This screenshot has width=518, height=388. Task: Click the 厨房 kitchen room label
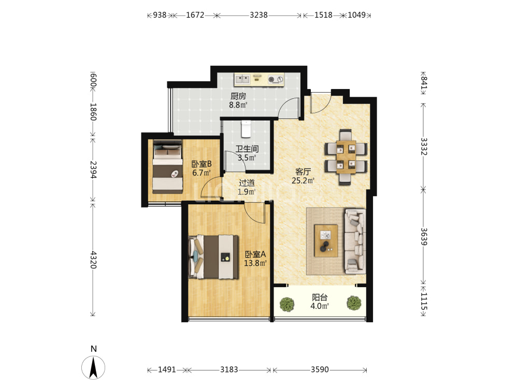pos(238,96)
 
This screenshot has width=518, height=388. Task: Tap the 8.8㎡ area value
pos(238,105)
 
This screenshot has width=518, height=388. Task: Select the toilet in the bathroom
pos(246,129)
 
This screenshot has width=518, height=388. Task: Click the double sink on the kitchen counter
pos(242,79)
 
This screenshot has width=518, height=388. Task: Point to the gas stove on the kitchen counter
pos(276,79)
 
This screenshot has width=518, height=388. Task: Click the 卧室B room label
pos(202,164)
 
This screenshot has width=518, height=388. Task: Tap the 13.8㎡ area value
pos(255,263)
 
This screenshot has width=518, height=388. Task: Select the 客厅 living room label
pos(303,172)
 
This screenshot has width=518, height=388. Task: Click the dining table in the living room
pos(346,157)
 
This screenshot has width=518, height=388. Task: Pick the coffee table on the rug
pos(326,241)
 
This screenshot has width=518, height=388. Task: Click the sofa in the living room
pos(355,241)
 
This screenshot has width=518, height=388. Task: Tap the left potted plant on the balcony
pos(287,304)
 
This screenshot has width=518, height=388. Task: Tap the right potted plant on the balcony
pos(354,303)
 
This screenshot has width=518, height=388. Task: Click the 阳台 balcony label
pos(320,297)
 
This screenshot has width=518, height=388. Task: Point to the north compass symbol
pos(93,367)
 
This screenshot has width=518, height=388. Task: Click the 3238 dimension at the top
pos(258,15)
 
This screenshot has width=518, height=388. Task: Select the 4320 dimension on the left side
pos(94,260)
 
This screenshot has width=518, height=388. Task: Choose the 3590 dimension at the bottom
pos(320,369)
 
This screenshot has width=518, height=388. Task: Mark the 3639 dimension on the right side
pos(424,236)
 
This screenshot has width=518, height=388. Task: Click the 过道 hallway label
pos(247,183)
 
